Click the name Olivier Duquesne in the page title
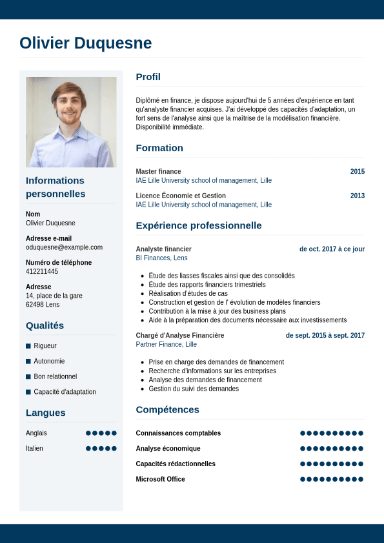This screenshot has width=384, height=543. (86, 43)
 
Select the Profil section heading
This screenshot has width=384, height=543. (148, 77)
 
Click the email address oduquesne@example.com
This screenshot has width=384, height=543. (64, 247)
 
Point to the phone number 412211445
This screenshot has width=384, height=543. (42, 271)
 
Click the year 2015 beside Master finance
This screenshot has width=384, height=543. (357, 172)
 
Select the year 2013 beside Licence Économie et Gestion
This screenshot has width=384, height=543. (357, 196)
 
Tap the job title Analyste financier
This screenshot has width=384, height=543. (163, 249)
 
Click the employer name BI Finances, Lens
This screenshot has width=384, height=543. (161, 258)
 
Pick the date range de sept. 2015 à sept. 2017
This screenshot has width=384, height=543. (325, 336)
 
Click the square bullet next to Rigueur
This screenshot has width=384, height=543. (28, 346)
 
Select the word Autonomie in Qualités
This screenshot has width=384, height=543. (49, 361)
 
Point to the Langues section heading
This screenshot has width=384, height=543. (45, 413)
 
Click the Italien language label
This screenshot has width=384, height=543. (34, 448)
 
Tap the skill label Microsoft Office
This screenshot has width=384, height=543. (160, 479)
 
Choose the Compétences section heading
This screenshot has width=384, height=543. (167, 409)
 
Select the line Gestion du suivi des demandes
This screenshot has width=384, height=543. (194, 389)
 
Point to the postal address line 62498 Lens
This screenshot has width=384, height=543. (43, 304)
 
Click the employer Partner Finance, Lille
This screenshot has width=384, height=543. (166, 344)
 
